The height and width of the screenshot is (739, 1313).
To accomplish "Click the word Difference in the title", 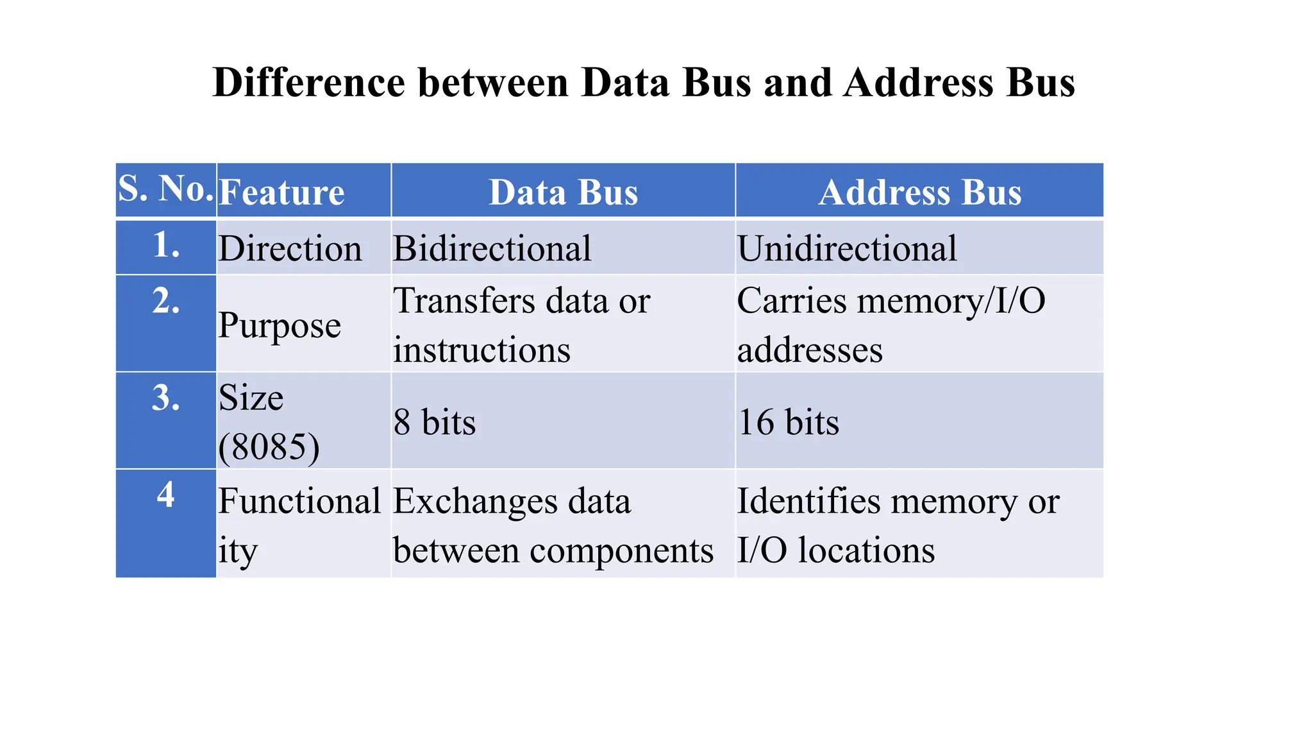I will coord(309,83).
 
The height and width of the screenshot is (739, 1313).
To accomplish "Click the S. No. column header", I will coord(165,189).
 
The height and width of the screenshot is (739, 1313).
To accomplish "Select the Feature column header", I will coord(281,192).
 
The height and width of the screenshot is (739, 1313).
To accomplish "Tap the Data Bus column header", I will coord(563,192).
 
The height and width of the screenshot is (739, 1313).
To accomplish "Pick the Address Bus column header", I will coord(919,192).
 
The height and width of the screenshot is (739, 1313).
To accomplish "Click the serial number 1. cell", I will coord(165,245).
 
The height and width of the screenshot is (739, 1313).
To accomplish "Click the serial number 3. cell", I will coord(165,398).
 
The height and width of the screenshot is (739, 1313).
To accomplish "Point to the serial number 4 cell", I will coord(165,495).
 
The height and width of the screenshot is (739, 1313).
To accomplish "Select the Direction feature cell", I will coord(290,249).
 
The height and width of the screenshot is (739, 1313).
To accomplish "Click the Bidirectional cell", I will coord(492,249).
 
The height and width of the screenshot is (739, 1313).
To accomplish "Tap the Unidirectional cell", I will coord(846,249).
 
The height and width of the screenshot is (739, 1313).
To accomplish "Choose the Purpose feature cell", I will coord(279,325).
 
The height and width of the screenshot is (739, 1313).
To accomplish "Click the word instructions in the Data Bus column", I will coord(481,350).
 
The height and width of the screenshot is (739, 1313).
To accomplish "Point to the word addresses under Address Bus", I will coord(810,350).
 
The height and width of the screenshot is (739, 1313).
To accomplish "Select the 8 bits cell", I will coord(434,422).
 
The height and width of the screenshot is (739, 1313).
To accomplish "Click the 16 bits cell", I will coord(788,422).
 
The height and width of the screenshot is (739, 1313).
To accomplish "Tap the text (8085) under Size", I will coord(269,446).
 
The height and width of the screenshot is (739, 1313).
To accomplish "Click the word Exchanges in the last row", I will coord(474,501).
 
